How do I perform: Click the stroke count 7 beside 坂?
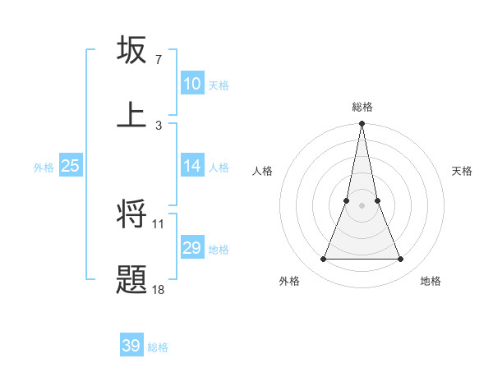pyautogui.click(x=158, y=60)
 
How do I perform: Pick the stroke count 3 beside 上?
pyautogui.click(x=158, y=125)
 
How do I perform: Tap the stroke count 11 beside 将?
pyautogui.click(x=159, y=223)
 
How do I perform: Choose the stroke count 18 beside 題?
pyautogui.click(x=159, y=289)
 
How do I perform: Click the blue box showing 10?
pyautogui.click(x=191, y=84)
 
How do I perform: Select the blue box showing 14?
pyautogui.click(x=191, y=166)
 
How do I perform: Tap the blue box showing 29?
pyautogui.click(x=191, y=248)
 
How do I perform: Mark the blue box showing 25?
pyautogui.click(x=70, y=166)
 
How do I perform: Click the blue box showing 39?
pyautogui.click(x=131, y=346)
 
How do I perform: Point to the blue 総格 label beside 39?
pyautogui.click(x=158, y=347)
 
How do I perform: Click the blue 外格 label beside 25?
pyautogui.click(x=44, y=168)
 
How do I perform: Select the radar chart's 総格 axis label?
pyautogui.click(x=362, y=107)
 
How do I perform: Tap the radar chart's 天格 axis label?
pyautogui.click(x=463, y=171)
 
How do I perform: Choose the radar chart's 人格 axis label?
pyautogui.click(x=262, y=171)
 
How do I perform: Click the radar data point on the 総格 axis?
pyautogui.click(x=362, y=124)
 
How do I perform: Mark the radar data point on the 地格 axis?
pyautogui.click(x=400, y=260)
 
